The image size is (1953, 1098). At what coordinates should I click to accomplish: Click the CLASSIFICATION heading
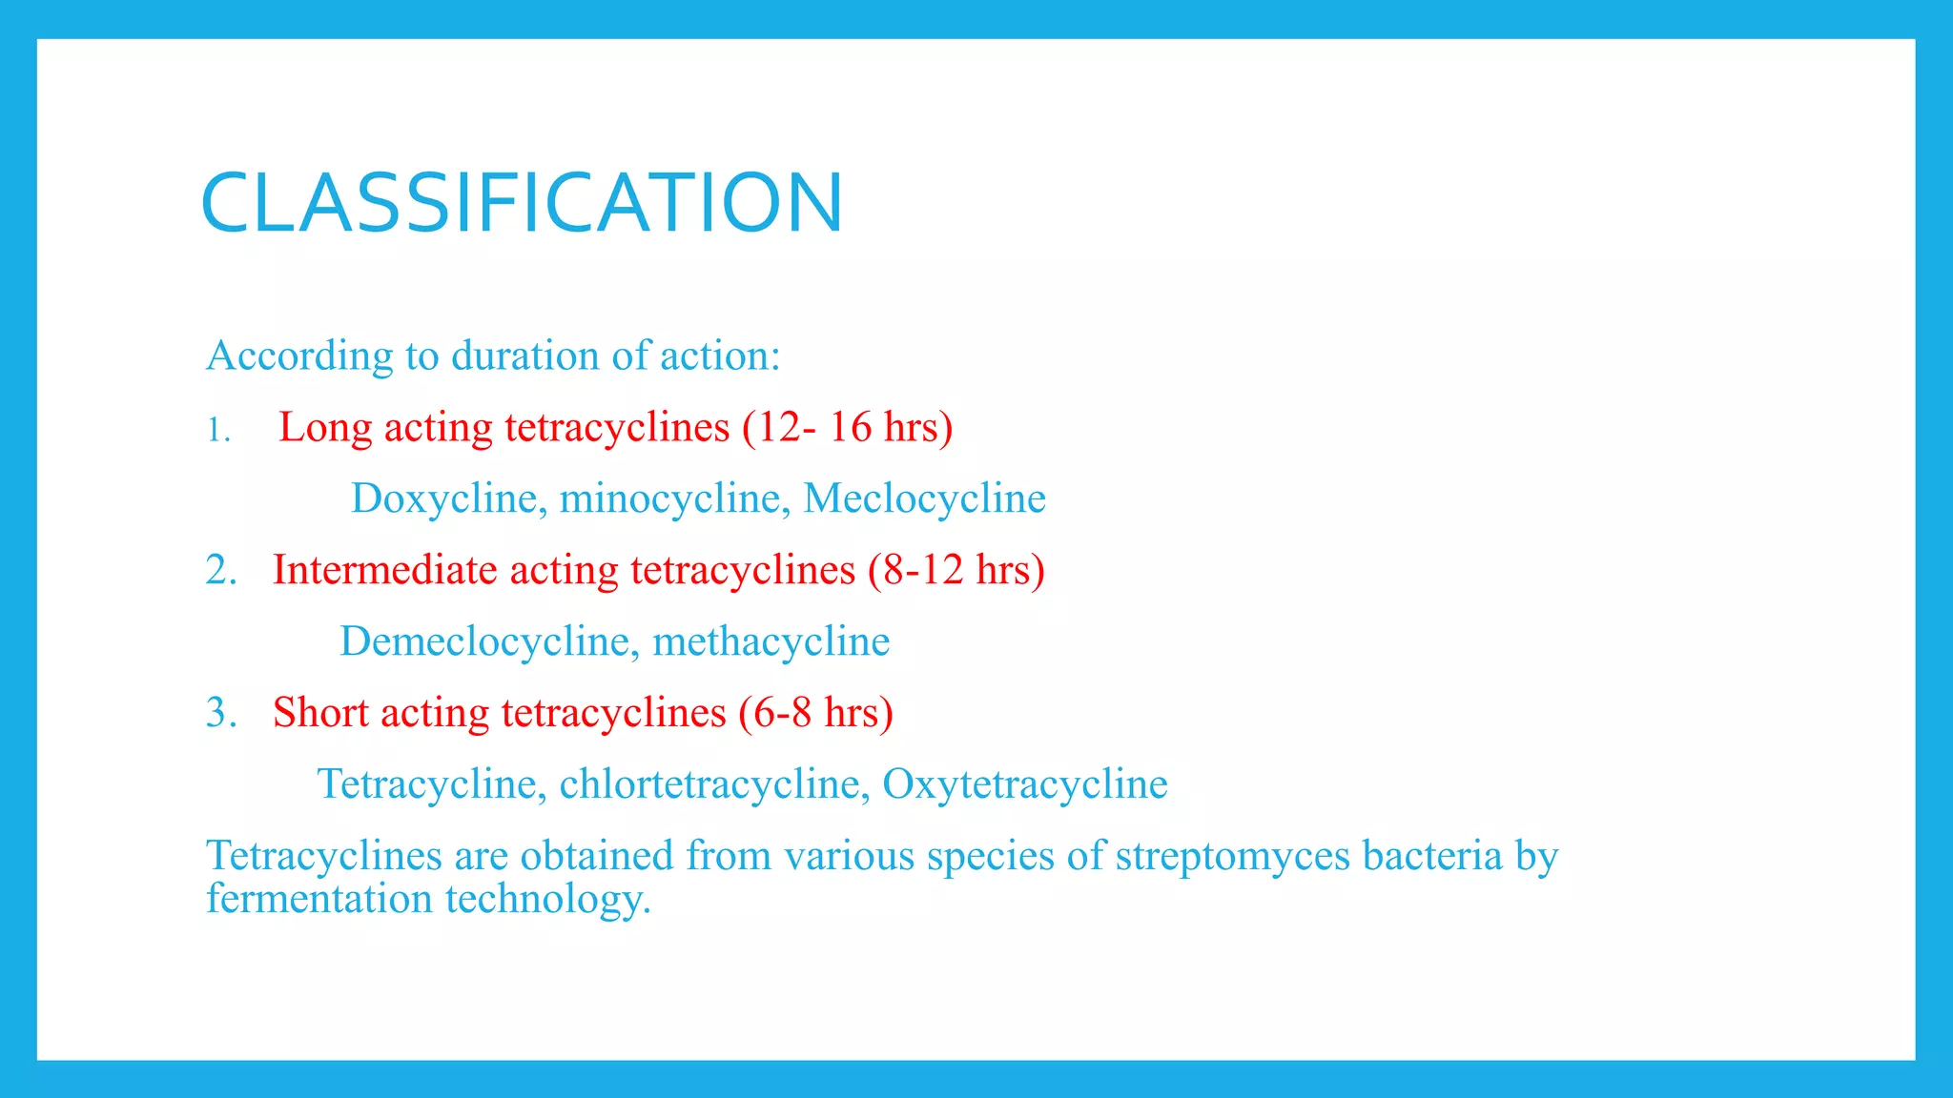pyautogui.click(x=522, y=203)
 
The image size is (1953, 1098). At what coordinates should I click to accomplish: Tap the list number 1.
pyautogui.click(x=218, y=431)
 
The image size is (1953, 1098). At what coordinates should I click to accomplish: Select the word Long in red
pyautogui.click(x=324, y=428)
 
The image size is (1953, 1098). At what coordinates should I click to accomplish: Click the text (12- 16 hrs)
pyautogui.click(x=847, y=427)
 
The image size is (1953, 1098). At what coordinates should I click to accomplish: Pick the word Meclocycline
pyautogui.click(x=924, y=498)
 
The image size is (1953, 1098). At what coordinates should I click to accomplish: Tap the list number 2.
pyautogui.click(x=220, y=570)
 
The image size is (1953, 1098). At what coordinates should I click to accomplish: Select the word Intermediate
pyautogui.click(x=385, y=570)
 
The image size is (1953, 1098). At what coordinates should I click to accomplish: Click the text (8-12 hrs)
pyautogui.click(x=956, y=570)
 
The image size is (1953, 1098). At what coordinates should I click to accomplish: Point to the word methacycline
pyautogui.click(x=771, y=641)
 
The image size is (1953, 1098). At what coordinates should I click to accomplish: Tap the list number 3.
pyautogui.click(x=220, y=713)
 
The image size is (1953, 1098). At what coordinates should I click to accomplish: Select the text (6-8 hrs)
pyautogui.click(x=815, y=713)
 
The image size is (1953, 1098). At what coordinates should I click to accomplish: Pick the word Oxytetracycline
pyautogui.click(x=1024, y=784)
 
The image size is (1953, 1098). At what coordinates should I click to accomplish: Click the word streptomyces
pyautogui.click(x=1232, y=856)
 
